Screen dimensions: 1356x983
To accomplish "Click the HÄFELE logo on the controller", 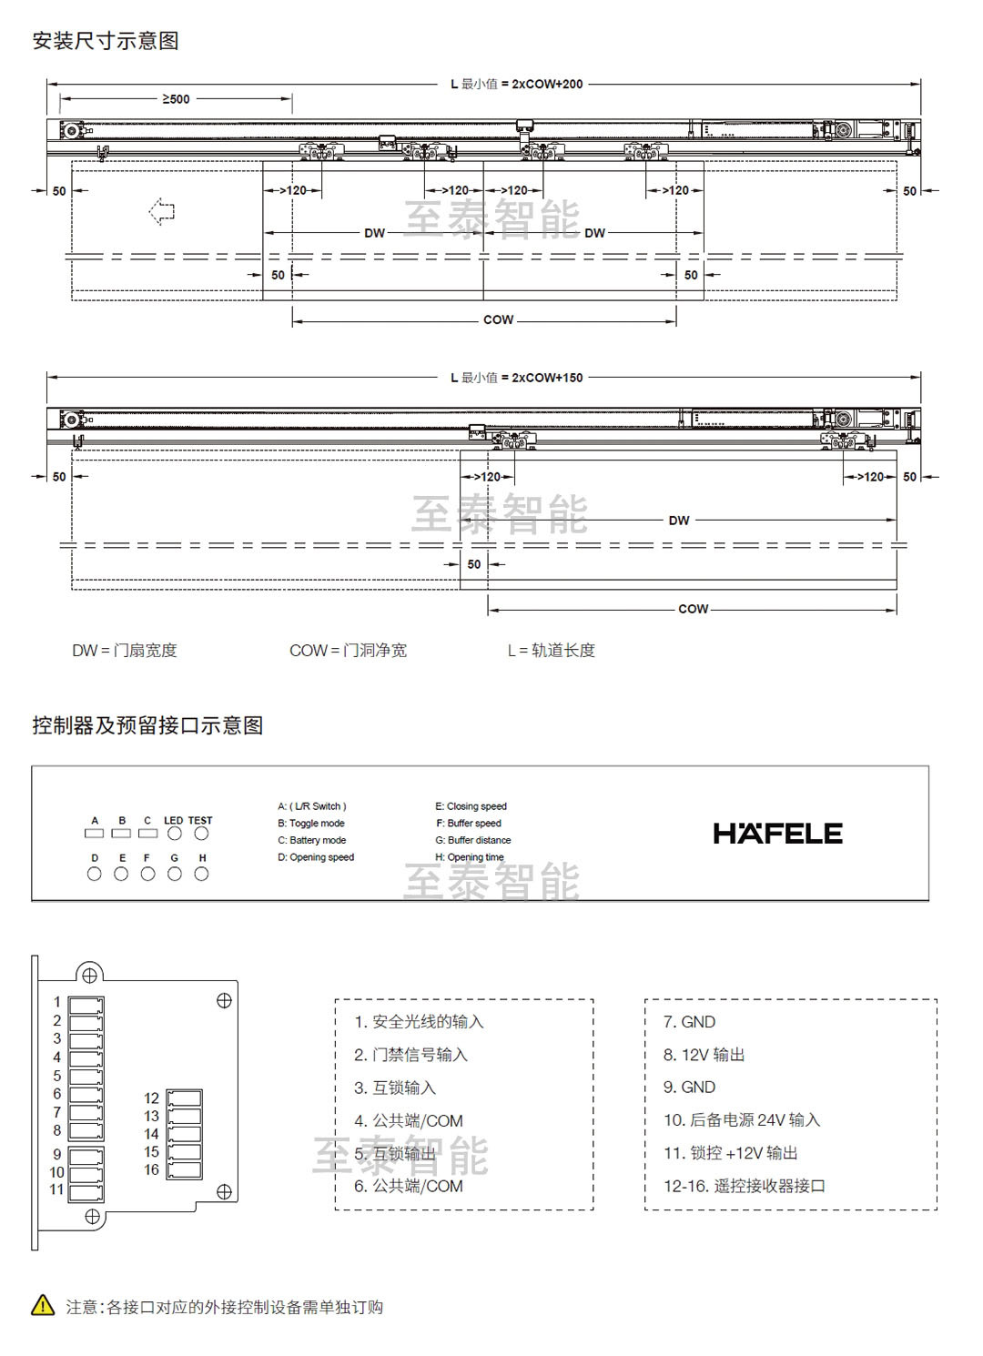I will pos(777,834).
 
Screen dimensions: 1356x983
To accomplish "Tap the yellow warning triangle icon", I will pos(43,1305).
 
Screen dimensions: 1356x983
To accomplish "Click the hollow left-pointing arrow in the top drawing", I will pos(162,211).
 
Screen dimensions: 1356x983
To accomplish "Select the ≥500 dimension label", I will pos(176,98).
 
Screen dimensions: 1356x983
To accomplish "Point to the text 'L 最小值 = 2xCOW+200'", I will pos(516,84).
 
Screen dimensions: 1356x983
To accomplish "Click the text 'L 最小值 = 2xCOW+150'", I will pos(516,378).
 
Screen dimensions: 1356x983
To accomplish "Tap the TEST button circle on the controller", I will pos(201,833).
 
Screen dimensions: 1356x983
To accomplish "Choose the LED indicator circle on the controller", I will pos(175,833).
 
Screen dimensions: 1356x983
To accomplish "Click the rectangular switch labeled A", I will pos(95,833).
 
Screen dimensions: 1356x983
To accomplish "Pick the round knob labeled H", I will pos(202,874).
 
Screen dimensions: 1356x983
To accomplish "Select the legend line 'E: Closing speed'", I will pos(471,806).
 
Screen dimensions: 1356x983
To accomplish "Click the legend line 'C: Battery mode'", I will pos(311,840).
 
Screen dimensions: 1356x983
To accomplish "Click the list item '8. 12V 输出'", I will pos(704,1055).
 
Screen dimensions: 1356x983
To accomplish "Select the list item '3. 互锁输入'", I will pos(395,1088).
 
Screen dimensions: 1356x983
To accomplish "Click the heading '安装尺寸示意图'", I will pos(106,41).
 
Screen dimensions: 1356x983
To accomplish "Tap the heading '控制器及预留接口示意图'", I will pos(147,725).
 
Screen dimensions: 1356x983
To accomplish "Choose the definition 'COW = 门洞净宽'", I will pos(348,651).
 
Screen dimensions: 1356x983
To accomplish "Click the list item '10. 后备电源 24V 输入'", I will pos(741,1120).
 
